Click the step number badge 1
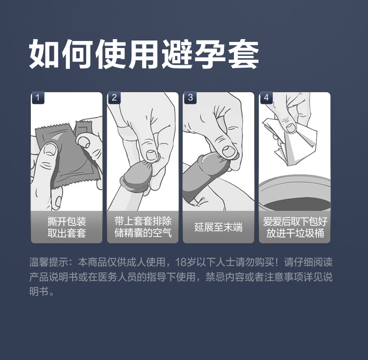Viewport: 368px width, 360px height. [x=38, y=98]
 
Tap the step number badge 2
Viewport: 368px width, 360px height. [x=114, y=98]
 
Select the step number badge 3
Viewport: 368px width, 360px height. [x=191, y=98]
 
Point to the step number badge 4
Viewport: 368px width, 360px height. [x=266, y=98]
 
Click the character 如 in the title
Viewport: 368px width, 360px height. [x=44, y=54]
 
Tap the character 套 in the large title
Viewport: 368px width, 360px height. [x=243, y=54]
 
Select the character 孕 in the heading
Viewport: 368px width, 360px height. [x=210, y=54]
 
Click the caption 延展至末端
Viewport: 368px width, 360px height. [x=218, y=227]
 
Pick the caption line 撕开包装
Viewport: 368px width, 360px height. [x=67, y=221]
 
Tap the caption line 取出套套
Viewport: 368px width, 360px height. [x=67, y=233]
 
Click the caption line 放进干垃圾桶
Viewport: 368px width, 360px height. [x=295, y=233]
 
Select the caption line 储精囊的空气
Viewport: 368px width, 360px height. [x=143, y=233]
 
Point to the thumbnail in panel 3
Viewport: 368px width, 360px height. [x=228, y=151]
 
